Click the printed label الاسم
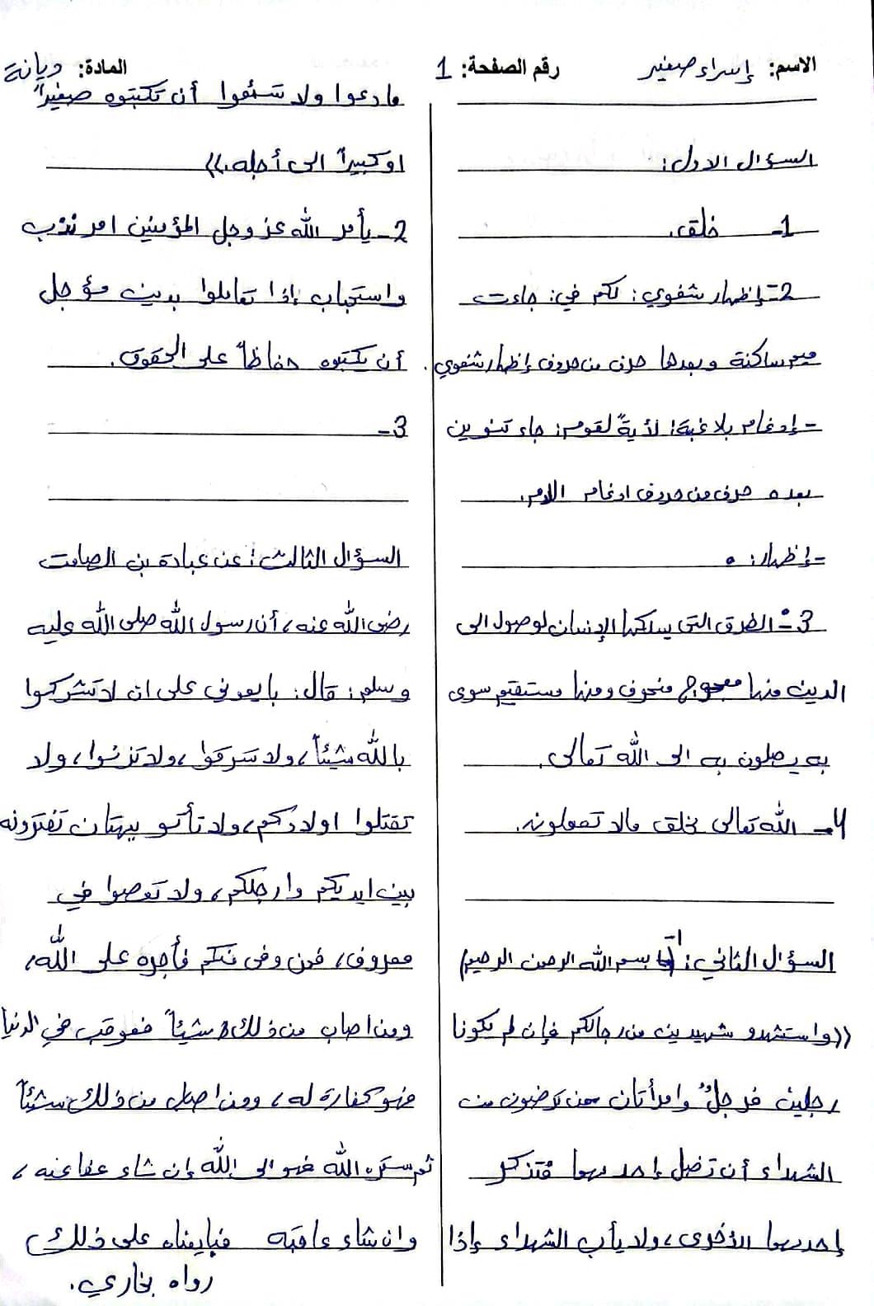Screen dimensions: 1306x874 pyautogui.click(x=792, y=67)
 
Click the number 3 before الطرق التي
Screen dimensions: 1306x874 pyautogui.click(x=812, y=622)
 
